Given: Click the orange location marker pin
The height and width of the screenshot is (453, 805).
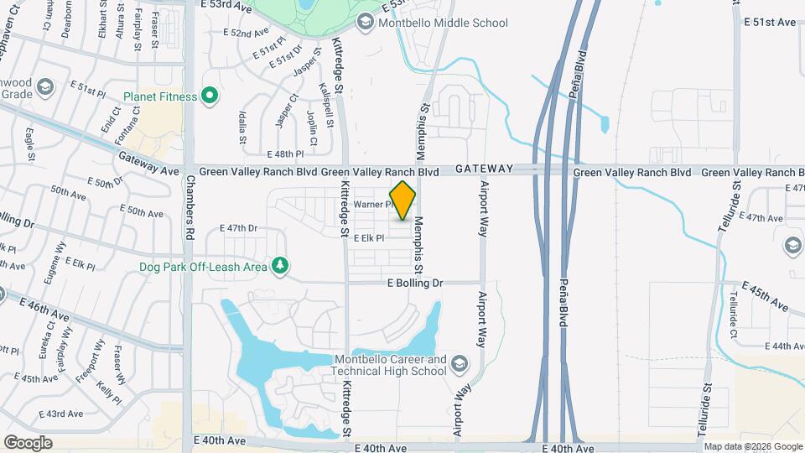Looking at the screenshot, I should (403, 200).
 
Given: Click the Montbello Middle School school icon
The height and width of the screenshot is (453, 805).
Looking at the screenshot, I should (365, 23).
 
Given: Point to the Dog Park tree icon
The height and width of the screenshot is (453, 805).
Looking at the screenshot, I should (281, 266).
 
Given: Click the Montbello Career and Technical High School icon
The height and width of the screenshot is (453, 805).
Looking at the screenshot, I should (459, 364).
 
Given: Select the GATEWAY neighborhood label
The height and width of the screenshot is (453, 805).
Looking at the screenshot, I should (484, 169).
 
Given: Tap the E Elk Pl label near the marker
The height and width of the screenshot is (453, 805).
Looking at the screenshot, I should (369, 238).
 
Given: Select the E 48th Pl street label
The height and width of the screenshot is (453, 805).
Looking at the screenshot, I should (284, 154).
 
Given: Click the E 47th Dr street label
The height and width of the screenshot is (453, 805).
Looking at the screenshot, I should (238, 228).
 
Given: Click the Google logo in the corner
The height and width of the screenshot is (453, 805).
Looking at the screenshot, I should (28, 442).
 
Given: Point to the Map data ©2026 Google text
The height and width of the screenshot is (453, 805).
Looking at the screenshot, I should (752, 446).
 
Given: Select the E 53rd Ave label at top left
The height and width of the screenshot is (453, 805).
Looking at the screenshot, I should (226, 6).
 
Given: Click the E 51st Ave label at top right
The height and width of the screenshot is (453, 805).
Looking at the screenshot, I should (770, 23).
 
